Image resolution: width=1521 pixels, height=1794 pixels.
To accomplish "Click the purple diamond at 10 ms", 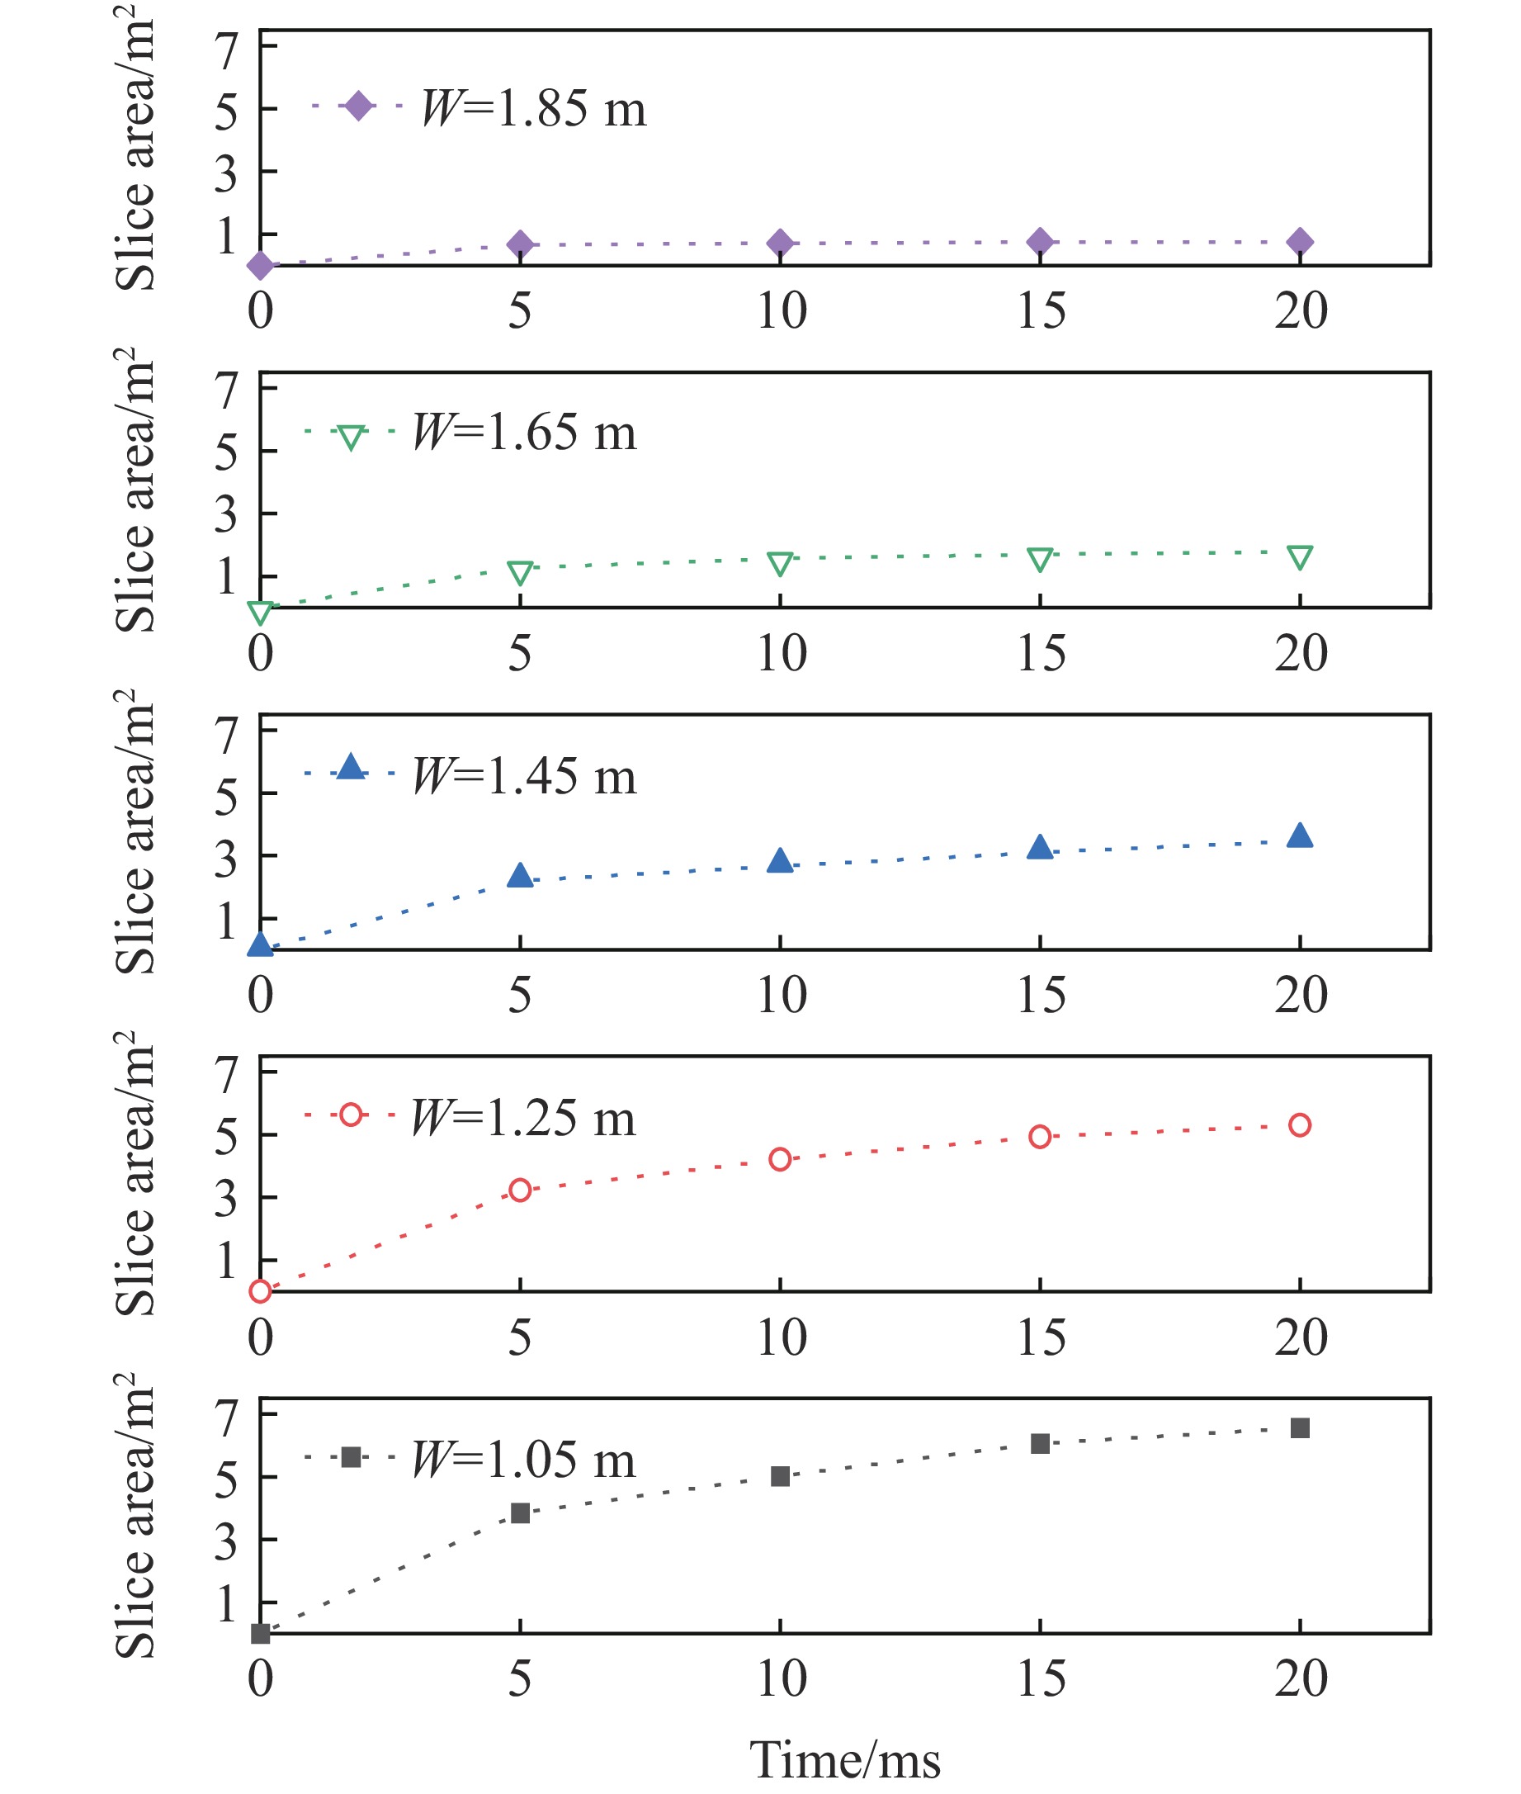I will [779, 244].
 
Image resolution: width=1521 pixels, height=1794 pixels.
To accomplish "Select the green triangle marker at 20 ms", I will [1299, 557].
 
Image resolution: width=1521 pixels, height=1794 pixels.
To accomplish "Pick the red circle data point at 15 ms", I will [1040, 1137].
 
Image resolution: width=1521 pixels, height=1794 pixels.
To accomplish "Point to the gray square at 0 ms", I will [261, 1633].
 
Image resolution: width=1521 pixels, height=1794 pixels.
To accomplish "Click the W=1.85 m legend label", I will [534, 110].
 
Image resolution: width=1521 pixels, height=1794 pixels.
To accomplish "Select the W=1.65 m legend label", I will [524, 433].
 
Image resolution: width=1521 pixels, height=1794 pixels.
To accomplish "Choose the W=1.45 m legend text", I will [524, 776].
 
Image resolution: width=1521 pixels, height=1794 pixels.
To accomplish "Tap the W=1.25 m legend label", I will [523, 1118].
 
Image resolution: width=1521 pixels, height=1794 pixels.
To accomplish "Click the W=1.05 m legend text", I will [523, 1460].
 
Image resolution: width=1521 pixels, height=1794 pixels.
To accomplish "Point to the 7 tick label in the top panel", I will [226, 50].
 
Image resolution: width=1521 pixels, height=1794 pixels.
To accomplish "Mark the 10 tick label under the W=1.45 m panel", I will [782, 996].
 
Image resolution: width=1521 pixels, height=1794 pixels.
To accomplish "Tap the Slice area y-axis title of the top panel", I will [135, 147].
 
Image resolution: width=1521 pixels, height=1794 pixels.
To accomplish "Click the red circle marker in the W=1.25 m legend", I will [351, 1115].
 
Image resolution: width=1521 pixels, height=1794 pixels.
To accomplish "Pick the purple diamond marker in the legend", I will [358, 106].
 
